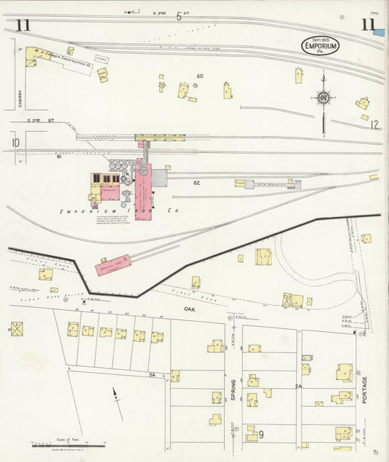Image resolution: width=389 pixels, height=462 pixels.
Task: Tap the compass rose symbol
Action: [323, 97]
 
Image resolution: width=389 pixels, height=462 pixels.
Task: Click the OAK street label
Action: [190, 310]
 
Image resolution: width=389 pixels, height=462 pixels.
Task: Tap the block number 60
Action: [199, 76]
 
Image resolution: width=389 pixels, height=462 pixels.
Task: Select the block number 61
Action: [59, 156]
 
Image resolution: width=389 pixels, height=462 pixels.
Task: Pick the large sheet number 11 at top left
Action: [23, 26]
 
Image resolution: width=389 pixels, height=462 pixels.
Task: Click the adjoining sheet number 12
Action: [374, 125]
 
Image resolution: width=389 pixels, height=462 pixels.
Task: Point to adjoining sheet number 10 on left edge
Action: [15, 143]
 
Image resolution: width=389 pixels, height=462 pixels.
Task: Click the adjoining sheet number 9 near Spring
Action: [260, 435]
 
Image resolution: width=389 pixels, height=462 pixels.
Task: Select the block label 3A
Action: [153, 374]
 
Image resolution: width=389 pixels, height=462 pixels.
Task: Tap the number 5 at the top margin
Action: [179, 16]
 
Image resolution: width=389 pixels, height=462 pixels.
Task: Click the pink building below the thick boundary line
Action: [113, 265]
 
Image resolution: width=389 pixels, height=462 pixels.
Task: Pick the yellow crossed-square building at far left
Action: [16, 328]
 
